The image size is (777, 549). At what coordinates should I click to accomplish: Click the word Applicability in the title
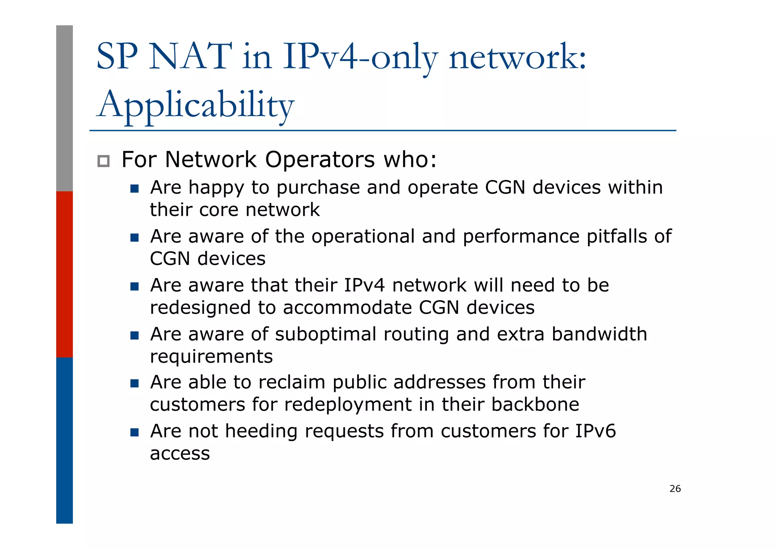coord(195,104)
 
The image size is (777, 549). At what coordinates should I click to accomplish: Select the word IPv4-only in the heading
coord(360,57)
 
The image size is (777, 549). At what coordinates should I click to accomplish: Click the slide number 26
coord(675,489)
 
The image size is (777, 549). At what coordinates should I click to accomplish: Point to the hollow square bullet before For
coord(103,161)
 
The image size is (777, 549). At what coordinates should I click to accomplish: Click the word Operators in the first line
coord(320,159)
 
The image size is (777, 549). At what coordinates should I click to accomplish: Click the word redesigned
coord(200,307)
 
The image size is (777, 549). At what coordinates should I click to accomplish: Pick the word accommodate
coord(347,307)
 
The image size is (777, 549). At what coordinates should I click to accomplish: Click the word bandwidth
coord(599,334)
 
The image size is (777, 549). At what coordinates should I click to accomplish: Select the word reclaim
coord(292,382)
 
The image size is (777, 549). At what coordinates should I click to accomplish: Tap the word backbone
coord(535,404)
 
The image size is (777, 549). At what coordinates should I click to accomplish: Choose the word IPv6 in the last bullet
coord(595,431)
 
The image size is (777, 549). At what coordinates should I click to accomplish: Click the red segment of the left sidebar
coord(64,274)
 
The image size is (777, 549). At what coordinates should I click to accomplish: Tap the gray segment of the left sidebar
coord(64,108)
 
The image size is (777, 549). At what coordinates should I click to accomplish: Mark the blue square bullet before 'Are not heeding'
coord(134,433)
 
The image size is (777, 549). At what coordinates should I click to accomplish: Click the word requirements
coord(211,357)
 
